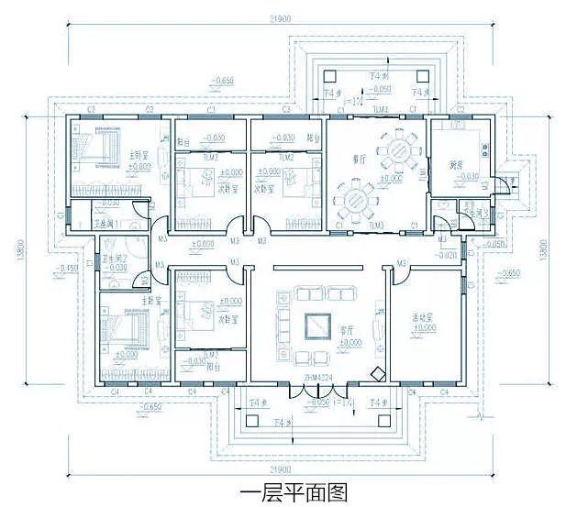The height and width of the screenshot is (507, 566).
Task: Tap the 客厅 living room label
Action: [347, 331]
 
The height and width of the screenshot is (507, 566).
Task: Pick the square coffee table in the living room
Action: [317, 325]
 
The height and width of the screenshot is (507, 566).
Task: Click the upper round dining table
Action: [401, 149]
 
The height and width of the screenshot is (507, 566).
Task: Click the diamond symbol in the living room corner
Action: [375, 373]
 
